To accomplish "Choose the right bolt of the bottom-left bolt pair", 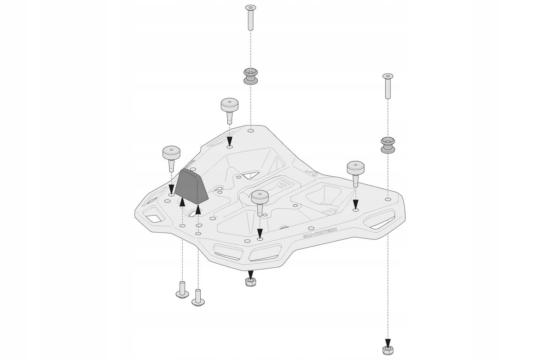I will click(x=198, y=297).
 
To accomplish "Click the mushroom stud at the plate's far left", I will click(x=171, y=157).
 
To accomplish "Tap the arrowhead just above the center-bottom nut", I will click(x=251, y=273).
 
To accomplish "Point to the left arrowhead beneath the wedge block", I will click(x=182, y=204).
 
